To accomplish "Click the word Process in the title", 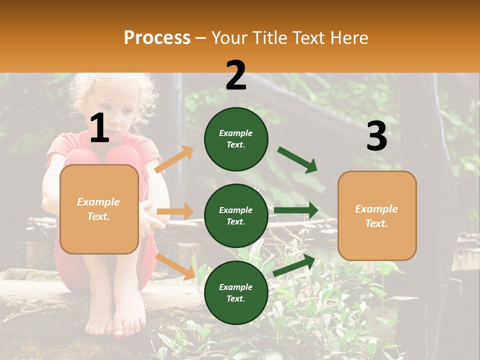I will click(157, 37).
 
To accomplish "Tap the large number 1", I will click(99, 128).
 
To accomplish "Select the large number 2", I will click(236, 75).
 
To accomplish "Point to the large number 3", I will click(376, 136).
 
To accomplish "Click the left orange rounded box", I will click(99, 209).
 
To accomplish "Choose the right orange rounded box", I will click(377, 215).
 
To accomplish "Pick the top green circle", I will click(236, 139).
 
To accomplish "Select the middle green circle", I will click(236, 215).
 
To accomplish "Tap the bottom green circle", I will click(236, 292).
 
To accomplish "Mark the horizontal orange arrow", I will click(175, 211).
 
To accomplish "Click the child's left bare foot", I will click(125, 325).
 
